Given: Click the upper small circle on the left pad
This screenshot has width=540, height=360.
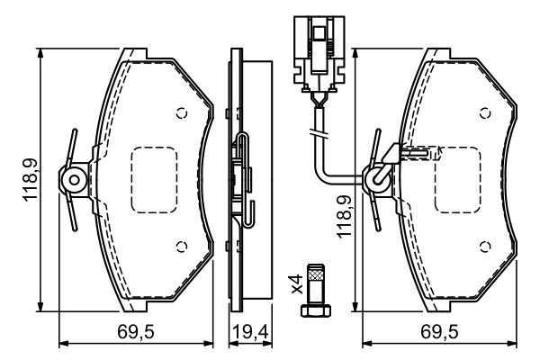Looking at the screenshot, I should point(181,113).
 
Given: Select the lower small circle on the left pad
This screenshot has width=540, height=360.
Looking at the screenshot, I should point(181,247).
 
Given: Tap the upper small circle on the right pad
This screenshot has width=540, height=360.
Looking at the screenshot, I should point(485,113).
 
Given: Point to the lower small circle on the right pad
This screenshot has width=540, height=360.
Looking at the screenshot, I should point(485,247).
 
